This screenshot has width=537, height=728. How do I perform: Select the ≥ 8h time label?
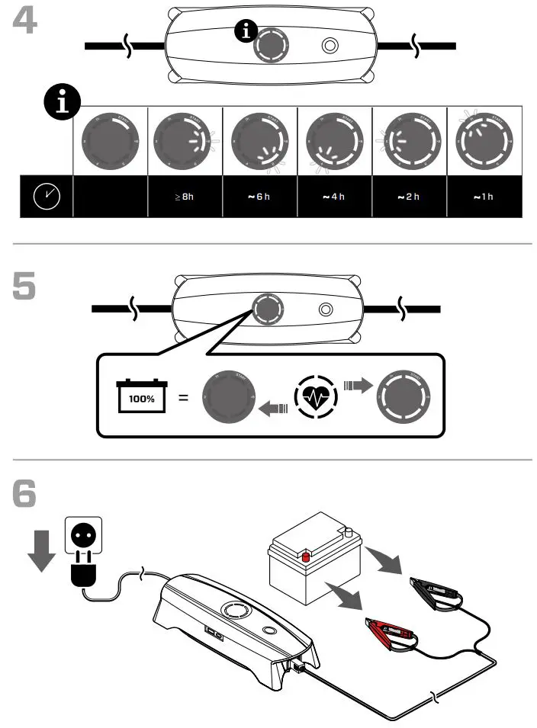point(184,197)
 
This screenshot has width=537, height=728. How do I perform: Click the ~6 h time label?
point(259,197)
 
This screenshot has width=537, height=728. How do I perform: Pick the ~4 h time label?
point(333,197)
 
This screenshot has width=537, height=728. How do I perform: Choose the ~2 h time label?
point(408,197)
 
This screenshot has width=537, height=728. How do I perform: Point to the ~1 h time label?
point(483,197)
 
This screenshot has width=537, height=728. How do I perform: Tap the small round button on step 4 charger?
point(330,46)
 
